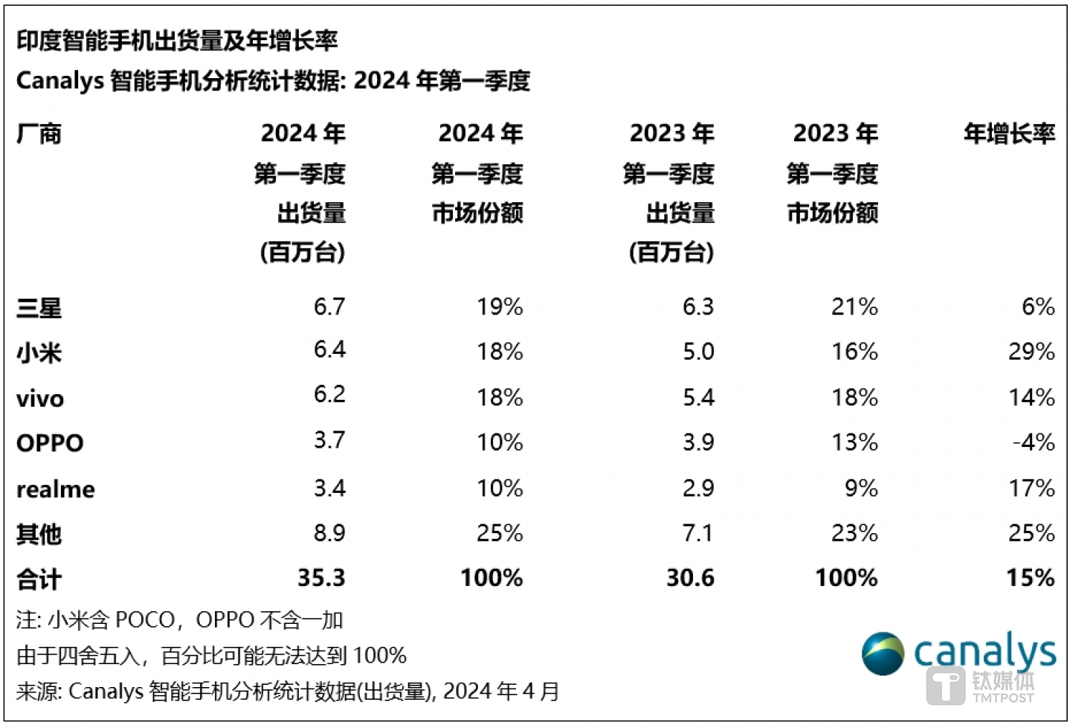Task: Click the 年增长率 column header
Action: (1009, 134)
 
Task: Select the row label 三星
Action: (39, 308)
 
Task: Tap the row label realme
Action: (56, 489)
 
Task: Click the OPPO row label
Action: (50, 443)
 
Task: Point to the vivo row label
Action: (40, 399)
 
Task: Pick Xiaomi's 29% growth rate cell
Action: (1031, 351)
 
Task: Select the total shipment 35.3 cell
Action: (321, 578)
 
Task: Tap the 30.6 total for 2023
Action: (690, 578)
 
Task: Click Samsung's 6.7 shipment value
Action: (329, 306)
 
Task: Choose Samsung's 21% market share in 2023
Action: (854, 306)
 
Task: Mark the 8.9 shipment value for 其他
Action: (329, 533)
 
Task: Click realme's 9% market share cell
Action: (861, 489)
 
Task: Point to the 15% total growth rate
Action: (1030, 578)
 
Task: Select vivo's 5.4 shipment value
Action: (698, 397)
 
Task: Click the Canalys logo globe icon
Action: (883, 654)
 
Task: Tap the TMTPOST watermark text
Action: (1002, 697)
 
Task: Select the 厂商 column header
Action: (39, 135)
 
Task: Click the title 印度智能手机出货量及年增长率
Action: (177, 41)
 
